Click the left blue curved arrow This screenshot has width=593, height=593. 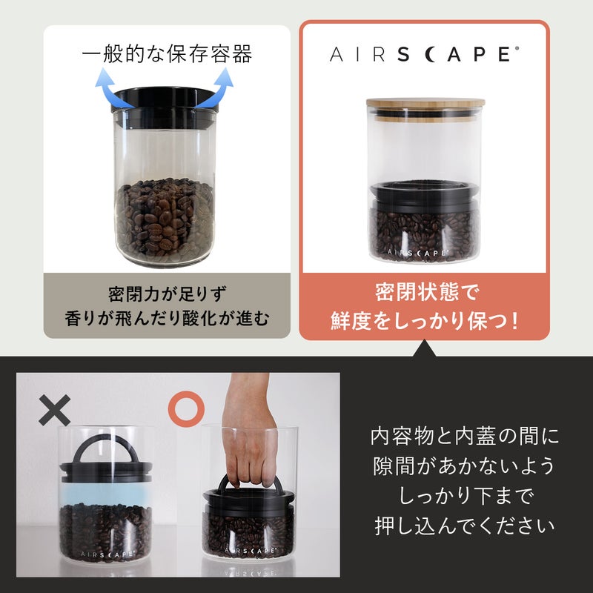(x=107, y=90)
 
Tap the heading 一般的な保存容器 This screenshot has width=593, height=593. (x=167, y=53)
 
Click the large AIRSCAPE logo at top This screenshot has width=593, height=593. (x=424, y=54)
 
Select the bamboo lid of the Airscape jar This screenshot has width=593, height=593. (x=425, y=102)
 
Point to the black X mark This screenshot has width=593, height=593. (x=55, y=410)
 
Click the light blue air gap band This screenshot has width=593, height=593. (x=106, y=493)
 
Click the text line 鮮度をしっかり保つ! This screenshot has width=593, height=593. (x=424, y=321)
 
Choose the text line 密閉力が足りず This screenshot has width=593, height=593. (x=168, y=294)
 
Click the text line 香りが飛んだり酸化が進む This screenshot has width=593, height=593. (x=167, y=319)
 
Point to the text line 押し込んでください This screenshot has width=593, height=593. (x=465, y=526)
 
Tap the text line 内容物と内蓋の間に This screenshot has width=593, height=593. (x=465, y=436)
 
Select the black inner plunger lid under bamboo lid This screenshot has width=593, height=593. (x=425, y=196)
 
